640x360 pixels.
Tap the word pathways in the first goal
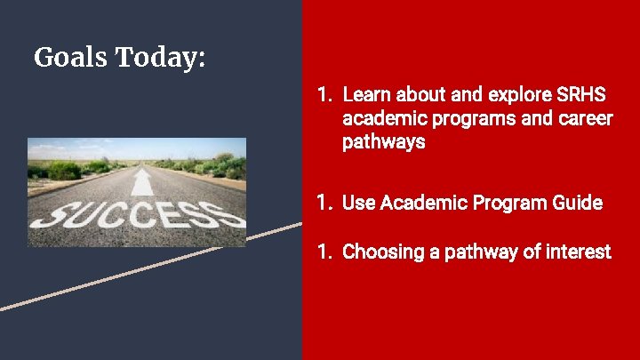tap(383, 141)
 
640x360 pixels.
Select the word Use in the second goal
tap(358, 203)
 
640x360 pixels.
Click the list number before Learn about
tap(324, 94)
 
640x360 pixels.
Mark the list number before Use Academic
tap(324, 203)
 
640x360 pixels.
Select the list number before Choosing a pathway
tap(324, 252)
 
